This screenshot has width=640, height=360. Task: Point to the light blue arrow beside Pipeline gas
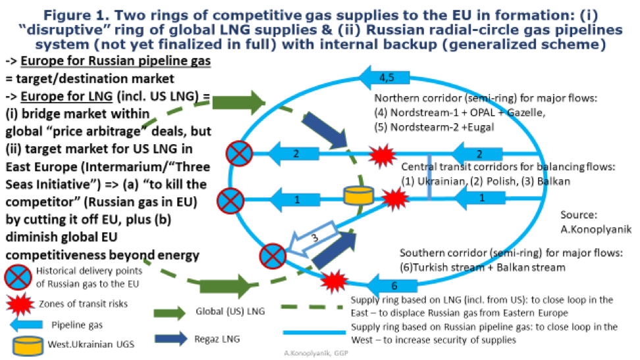[26, 324]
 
